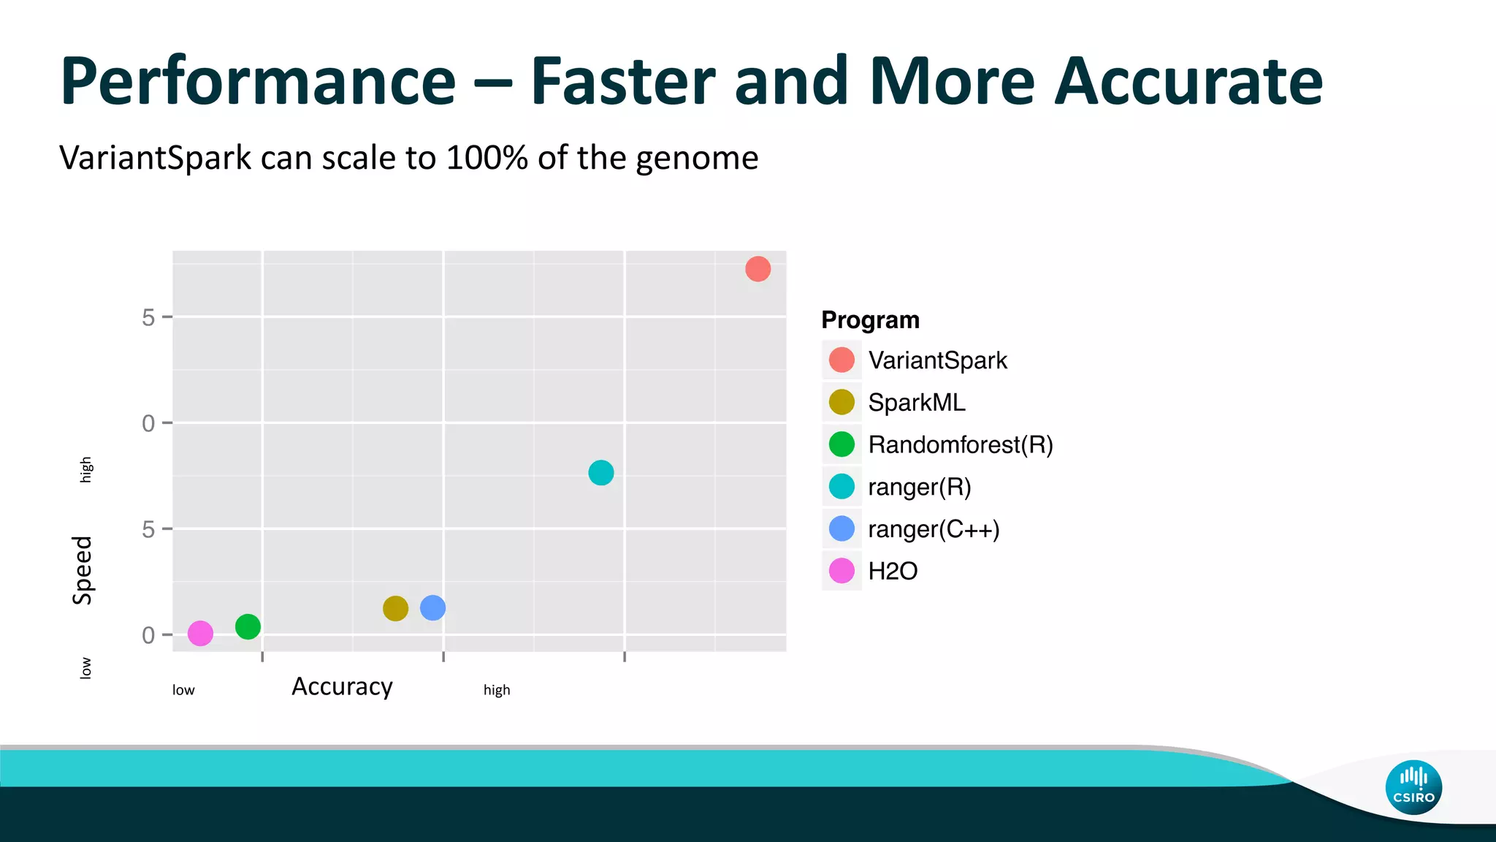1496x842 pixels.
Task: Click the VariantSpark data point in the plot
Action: point(757,269)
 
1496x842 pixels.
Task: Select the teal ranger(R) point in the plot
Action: point(600,473)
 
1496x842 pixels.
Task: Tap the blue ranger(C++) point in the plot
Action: point(432,607)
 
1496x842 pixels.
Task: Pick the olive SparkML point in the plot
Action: point(395,608)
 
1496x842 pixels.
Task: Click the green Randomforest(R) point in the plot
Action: point(248,626)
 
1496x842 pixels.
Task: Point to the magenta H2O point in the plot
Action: point(200,633)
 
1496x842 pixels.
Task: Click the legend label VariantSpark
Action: point(937,360)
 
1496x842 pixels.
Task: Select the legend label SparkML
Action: point(916,403)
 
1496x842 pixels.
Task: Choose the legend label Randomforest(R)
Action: point(960,444)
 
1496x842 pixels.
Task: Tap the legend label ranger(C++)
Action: point(933,529)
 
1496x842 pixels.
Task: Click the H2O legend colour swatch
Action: point(841,571)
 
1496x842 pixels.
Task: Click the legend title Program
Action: point(870,320)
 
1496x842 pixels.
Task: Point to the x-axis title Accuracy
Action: point(342,687)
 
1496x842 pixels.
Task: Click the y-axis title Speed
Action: point(83,570)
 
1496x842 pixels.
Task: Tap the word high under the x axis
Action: point(497,690)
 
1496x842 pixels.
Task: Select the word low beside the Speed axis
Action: point(85,667)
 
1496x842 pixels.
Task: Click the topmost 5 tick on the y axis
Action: point(148,317)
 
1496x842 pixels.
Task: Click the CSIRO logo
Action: point(1413,787)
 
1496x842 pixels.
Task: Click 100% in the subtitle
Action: point(487,158)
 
